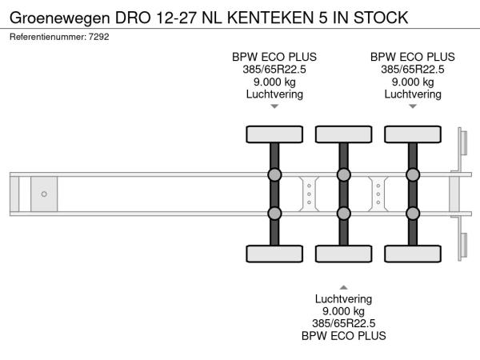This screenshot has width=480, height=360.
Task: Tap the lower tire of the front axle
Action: coord(274,254)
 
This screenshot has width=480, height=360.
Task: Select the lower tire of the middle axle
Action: coord(343,254)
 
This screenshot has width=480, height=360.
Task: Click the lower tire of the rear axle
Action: coord(412,254)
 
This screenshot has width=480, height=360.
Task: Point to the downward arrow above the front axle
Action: coord(274,106)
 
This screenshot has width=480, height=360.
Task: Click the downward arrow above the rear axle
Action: coord(412,106)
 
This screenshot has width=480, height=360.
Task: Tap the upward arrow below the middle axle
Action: coord(343,286)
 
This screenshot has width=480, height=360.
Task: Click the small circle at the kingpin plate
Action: coord(44,194)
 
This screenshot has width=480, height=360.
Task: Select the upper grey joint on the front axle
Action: coord(274,175)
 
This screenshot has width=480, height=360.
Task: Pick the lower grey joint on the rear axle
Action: coord(412,213)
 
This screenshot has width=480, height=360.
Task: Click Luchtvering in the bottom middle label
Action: coord(343,298)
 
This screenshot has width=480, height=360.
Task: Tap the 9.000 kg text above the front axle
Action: coord(274,82)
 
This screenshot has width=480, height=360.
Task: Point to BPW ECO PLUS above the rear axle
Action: coord(412,57)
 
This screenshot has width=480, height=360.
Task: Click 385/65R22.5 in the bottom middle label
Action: coord(343,323)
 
